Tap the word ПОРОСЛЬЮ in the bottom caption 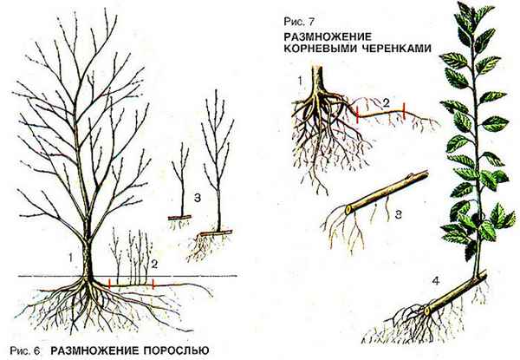[172, 350]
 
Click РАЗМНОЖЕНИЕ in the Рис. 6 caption [94, 350]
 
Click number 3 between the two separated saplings [198, 199]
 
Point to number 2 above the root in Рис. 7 [387, 102]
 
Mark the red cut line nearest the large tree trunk [110, 283]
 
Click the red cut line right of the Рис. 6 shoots [153, 283]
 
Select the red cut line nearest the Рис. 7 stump [358, 112]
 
